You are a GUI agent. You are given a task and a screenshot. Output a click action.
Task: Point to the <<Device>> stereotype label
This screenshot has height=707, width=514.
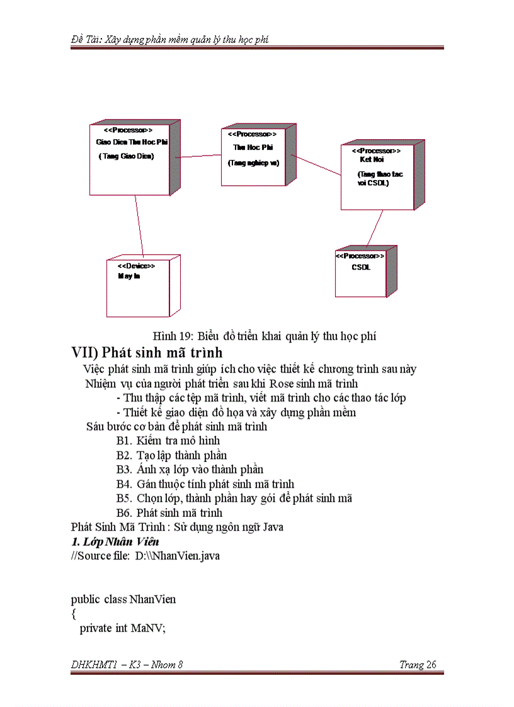pyautogui.click(x=136, y=266)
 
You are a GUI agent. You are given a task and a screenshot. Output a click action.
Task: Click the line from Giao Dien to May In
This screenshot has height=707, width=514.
pyautogui.click(x=139, y=225)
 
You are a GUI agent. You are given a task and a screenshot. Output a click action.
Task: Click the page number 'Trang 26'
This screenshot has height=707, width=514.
pyautogui.click(x=418, y=665)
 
